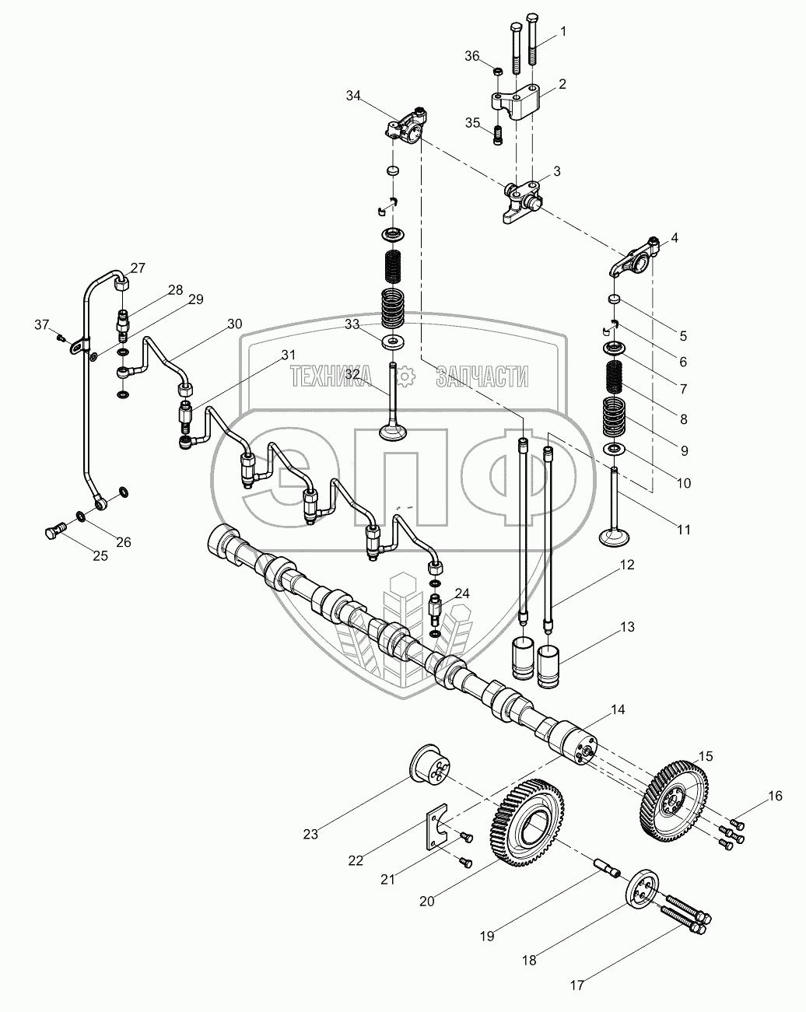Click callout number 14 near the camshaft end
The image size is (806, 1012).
pos(617,709)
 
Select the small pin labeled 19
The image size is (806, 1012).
pos(607,866)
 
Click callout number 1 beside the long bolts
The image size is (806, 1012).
pos(562,32)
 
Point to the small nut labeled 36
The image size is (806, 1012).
pos(499,72)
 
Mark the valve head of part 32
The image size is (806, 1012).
pos(394,429)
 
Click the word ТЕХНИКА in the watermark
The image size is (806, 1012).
pos(340,377)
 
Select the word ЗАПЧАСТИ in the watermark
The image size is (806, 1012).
pos(482,377)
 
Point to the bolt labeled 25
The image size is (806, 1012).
pos(51,533)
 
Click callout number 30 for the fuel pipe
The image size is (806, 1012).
pos(235,324)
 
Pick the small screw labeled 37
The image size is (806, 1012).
pos(59,336)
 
